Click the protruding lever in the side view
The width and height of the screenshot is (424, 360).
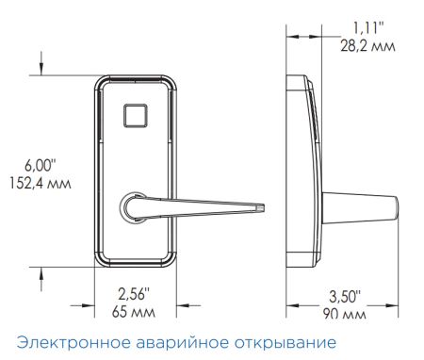[362, 206]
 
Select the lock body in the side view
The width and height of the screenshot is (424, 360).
[305, 170]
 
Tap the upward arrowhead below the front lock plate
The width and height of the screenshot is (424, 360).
[42, 272]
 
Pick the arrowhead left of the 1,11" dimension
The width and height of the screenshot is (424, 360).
[292, 36]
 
